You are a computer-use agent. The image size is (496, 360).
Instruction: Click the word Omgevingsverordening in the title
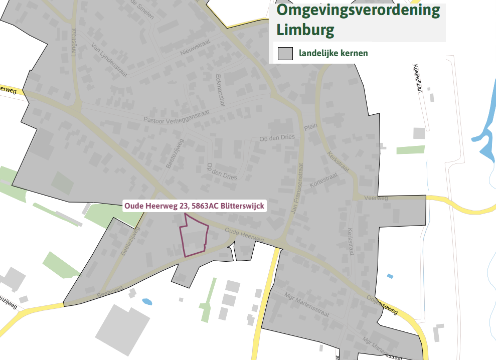358,11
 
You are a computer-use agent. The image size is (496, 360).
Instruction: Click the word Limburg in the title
305,30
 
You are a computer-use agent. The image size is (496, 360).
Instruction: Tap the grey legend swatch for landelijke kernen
285,53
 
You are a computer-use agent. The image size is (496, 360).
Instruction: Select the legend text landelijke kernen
334,53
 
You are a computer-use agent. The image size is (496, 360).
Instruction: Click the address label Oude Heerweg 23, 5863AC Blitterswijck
194,206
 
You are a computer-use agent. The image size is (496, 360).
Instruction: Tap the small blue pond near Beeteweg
147,302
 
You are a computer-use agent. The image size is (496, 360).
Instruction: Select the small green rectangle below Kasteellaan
410,149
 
